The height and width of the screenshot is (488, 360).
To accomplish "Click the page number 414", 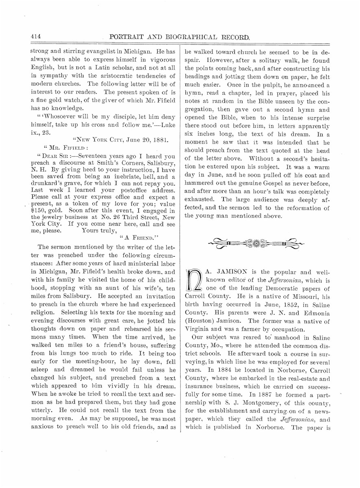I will point(37,36).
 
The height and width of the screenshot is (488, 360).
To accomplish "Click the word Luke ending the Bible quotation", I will point(168,124).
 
